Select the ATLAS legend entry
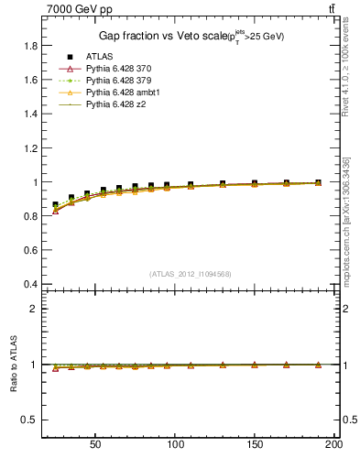(x=100, y=57)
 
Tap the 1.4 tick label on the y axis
(x=30, y=114)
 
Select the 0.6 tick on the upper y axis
(x=30, y=250)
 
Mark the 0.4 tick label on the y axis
(x=30, y=284)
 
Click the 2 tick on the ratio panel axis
(x=34, y=309)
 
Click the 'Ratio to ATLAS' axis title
(x=11, y=364)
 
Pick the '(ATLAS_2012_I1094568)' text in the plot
(x=191, y=273)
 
